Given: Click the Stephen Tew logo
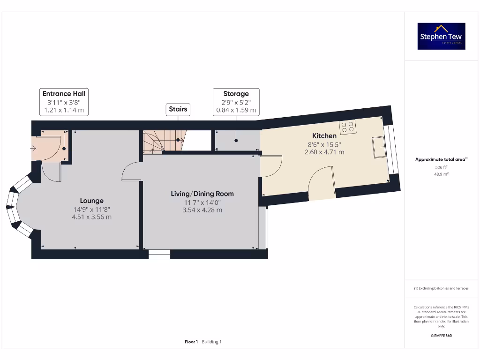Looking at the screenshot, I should (441, 36).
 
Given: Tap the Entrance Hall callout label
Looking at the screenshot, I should (64, 102).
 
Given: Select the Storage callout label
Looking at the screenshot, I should (236, 102).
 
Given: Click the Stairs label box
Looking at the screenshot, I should (178, 109).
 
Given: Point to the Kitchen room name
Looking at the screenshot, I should (324, 136).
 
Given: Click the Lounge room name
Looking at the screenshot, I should (91, 201).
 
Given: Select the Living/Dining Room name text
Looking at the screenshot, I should (202, 194).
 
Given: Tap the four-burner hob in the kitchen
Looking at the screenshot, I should (348, 126).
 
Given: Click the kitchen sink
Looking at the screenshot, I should (379, 147).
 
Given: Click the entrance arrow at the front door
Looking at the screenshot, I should (34, 149).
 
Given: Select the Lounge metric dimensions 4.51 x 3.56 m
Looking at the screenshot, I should (91, 217).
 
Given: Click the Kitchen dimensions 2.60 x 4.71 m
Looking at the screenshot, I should (324, 152).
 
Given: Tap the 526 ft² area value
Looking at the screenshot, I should (441, 167).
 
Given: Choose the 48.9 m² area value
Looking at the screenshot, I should (441, 174).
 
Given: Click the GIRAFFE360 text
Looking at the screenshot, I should (441, 336).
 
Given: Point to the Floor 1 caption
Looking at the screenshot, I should (191, 342).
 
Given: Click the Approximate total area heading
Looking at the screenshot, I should (441, 159).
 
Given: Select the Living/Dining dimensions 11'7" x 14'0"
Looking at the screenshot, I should (202, 202).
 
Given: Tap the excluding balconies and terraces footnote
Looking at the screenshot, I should (441, 288).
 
